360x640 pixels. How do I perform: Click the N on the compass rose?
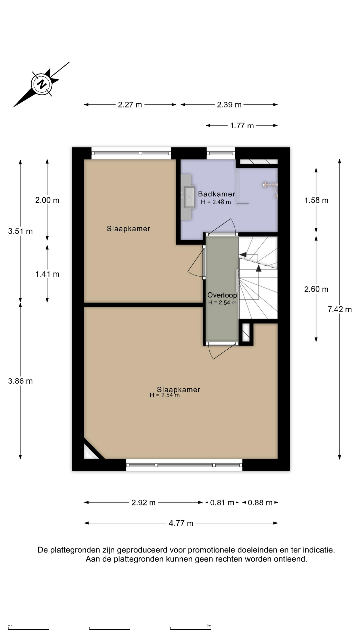(42, 84)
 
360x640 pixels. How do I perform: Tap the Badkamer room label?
(216, 194)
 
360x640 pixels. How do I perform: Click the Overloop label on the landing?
(222, 295)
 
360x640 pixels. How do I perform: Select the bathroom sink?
(189, 197)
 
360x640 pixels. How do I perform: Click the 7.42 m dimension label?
(339, 309)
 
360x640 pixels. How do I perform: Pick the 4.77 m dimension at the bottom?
(181, 523)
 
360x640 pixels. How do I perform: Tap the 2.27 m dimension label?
(130, 105)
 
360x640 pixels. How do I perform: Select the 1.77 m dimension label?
(242, 126)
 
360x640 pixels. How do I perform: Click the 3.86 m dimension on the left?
(20, 381)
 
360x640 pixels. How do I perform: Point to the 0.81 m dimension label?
(222, 502)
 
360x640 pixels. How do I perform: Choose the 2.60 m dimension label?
(316, 289)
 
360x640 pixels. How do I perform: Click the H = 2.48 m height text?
(216, 202)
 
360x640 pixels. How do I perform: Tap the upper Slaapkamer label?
(128, 229)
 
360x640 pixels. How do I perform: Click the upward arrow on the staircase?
(258, 269)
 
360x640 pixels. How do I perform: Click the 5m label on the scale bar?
(209, 625)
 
